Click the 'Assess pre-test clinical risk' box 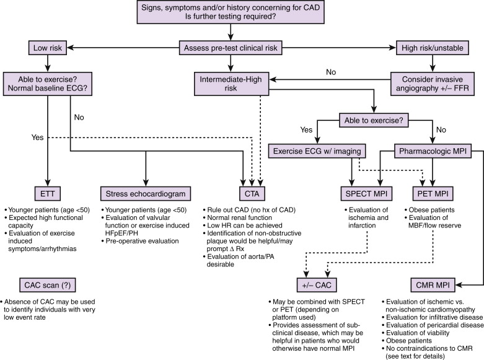230,47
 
